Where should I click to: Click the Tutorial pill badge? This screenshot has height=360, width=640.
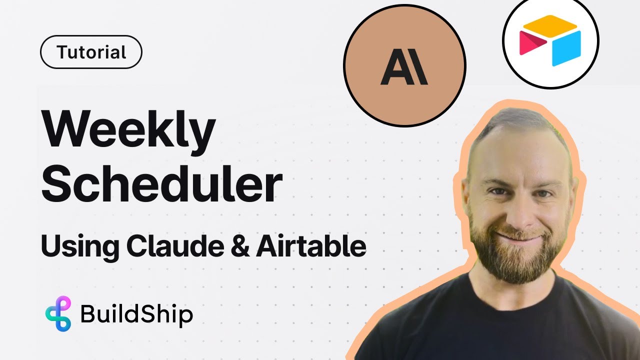point(91,52)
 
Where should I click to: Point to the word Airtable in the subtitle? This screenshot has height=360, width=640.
point(311,246)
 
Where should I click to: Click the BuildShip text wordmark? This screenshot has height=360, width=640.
point(136,314)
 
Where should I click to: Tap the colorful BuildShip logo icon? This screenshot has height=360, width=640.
point(58,313)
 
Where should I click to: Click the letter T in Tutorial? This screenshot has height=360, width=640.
point(62,52)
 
